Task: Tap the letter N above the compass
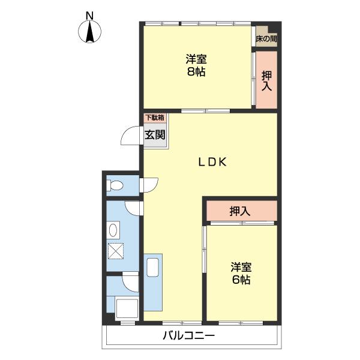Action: (x=90, y=15)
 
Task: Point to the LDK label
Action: (x=212, y=161)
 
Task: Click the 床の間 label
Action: (x=266, y=39)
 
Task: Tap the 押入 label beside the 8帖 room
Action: (x=267, y=81)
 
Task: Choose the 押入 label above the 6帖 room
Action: (x=240, y=211)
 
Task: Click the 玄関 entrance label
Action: (x=155, y=134)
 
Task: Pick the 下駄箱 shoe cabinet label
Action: (x=155, y=118)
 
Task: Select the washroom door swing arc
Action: (x=133, y=208)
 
